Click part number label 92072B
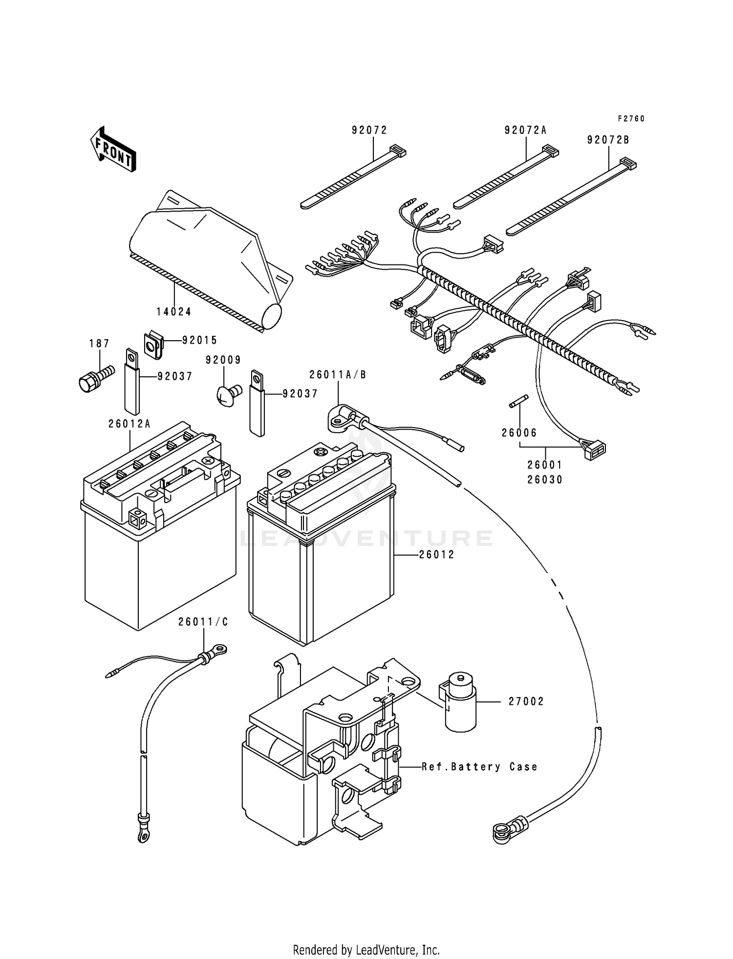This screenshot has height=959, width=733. click(x=608, y=140)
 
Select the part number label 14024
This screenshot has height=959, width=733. click(x=174, y=311)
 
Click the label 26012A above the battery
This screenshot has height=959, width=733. click(x=129, y=424)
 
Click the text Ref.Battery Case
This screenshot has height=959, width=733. click(x=480, y=767)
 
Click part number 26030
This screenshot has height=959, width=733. click(x=545, y=480)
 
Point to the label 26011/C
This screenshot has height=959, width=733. click(x=203, y=622)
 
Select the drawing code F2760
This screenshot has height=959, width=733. click(x=631, y=119)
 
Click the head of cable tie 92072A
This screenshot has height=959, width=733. click(x=550, y=151)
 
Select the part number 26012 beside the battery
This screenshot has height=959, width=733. click(x=436, y=555)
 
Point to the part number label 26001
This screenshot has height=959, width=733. click(x=545, y=465)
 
